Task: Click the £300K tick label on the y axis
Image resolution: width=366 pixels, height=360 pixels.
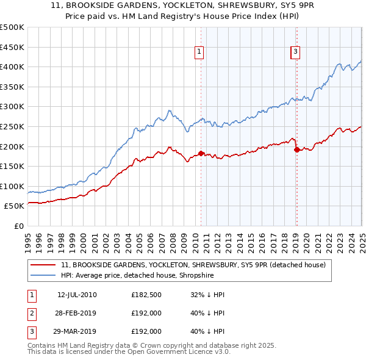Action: [x=12, y=107]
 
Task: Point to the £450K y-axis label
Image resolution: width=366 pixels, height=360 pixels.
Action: [x=12, y=47]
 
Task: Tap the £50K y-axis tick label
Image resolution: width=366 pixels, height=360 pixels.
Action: [x=14, y=206]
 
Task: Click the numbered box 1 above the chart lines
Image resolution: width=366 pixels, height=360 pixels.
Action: [x=199, y=52]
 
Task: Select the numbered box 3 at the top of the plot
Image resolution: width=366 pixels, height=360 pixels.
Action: [x=295, y=52]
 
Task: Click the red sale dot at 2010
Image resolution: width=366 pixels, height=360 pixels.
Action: [x=201, y=153]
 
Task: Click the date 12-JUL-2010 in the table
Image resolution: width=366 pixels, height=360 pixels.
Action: [x=77, y=295]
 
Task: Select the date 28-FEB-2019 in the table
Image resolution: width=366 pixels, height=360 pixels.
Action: [x=77, y=314]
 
